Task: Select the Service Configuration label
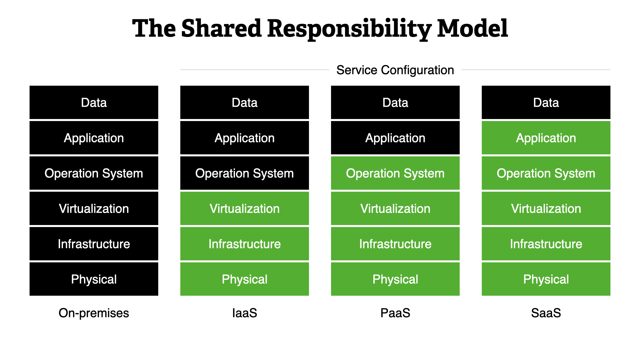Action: coord(395,70)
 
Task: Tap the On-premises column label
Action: coord(94,313)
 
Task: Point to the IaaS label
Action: coord(245,313)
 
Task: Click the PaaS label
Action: coord(395,313)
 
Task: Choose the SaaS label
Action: coord(546,313)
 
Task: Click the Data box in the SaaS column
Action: coord(546,102)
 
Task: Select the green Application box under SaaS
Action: coord(546,138)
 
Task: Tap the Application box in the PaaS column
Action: coord(395,138)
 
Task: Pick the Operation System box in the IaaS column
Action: coord(245,173)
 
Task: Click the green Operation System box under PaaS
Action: coord(395,173)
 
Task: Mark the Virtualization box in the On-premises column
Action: coord(94,208)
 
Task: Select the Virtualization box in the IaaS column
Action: coord(245,208)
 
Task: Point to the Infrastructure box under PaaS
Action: coord(395,244)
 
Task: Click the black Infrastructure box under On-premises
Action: coord(94,244)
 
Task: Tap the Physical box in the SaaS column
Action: coord(546,279)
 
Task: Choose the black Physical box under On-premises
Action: coord(94,279)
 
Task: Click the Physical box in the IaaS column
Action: coord(245,279)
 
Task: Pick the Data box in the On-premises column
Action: coord(94,102)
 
